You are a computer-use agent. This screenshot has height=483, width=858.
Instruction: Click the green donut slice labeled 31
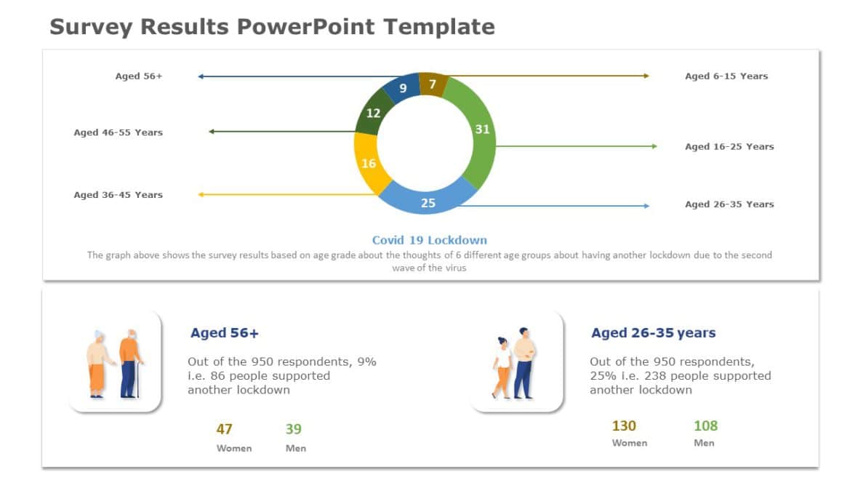tap(480, 135)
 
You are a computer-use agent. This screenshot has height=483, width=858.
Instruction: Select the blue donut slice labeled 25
tap(428, 201)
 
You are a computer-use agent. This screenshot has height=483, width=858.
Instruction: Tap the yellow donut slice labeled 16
tap(369, 163)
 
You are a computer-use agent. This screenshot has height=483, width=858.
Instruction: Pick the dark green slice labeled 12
tap(373, 114)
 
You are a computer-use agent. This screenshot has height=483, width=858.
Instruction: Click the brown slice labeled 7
tap(432, 84)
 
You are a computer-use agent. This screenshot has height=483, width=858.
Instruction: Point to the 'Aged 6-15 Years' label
tap(726, 76)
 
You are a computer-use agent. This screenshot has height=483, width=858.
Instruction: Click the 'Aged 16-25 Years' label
tap(729, 146)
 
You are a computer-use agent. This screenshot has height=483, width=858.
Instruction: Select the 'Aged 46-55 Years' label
tap(118, 132)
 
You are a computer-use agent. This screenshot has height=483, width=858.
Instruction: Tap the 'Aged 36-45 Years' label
tap(118, 195)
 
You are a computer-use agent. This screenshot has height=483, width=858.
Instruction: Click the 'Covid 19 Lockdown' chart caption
tap(429, 240)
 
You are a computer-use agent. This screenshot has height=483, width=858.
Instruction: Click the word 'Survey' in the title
tap(90, 27)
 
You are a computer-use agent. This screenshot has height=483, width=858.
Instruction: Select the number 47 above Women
tap(224, 429)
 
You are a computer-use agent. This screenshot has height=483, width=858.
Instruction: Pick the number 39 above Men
tap(293, 429)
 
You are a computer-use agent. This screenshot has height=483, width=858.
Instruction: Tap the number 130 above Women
tap(623, 426)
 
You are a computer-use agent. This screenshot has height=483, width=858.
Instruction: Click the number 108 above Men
tap(705, 426)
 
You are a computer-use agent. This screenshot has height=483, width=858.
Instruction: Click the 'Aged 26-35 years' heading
tap(653, 333)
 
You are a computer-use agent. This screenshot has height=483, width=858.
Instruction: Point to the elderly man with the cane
tap(130, 363)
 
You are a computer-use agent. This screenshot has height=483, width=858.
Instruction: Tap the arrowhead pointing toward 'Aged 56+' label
tap(201, 76)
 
